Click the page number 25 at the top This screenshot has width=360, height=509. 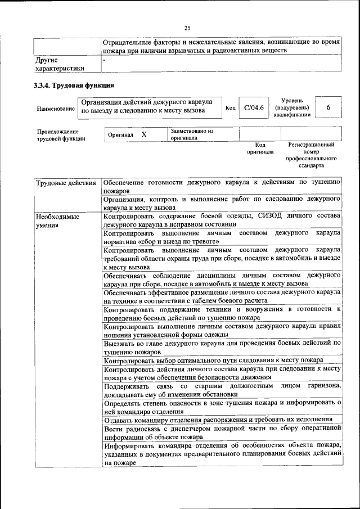click(x=187, y=28)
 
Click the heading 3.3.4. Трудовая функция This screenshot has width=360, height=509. click(x=74, y=86)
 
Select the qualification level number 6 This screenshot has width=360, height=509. click(x=328, y=107)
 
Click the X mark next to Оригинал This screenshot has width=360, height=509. click(x=144, y=135)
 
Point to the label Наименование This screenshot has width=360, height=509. click(x=55, y=109)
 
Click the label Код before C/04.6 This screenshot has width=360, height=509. click(x=230, y=108)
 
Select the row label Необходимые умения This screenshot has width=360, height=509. click(x=57, y=220)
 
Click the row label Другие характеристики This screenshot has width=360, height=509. click(x=60, y=64)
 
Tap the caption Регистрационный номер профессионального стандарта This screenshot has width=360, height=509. click(x=310, y=155)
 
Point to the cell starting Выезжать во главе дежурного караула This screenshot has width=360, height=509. click(x=222, y=346)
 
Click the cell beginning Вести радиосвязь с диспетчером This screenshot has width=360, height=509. click(x=222, y=433)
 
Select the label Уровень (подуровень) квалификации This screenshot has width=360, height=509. click(x=292, y=107)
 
